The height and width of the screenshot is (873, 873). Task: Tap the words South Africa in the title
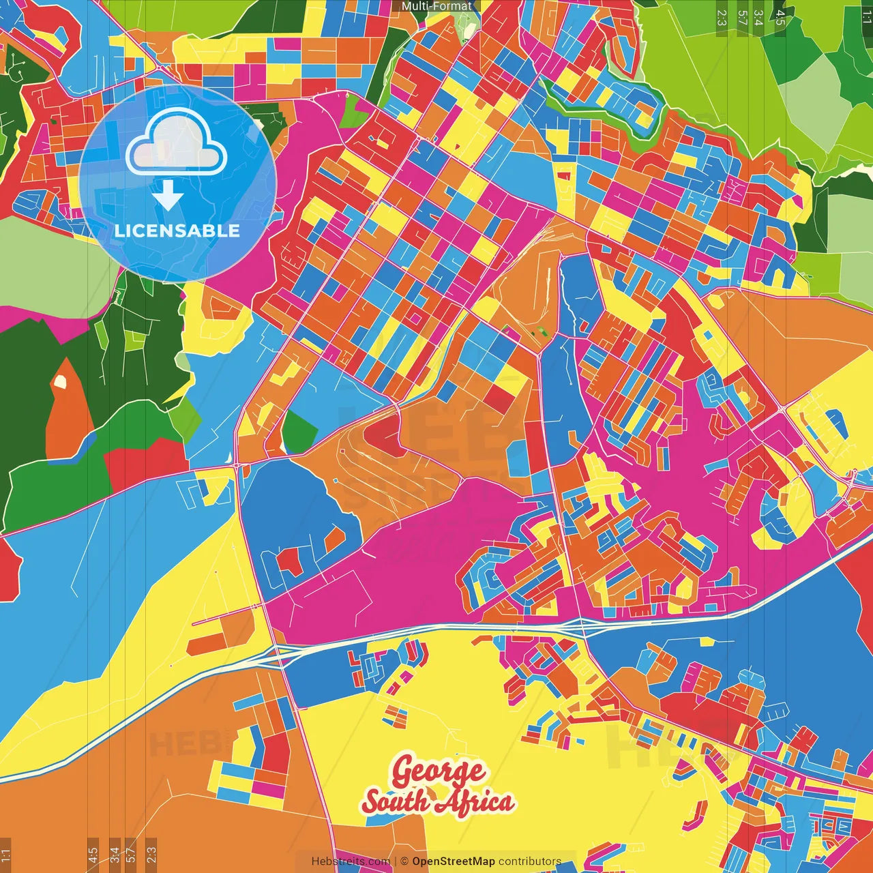[438, 801]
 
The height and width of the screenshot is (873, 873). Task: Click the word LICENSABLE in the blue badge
[177, 231]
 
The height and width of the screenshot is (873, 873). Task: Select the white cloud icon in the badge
[177, 141]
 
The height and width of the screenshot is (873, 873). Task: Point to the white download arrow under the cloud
[168, 195]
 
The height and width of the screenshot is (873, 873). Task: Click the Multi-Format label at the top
[436, 6]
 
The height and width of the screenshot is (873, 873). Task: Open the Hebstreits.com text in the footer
[351, 861]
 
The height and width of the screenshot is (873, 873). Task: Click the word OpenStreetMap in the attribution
[454, 861]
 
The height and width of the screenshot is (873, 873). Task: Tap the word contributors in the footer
[530, 861]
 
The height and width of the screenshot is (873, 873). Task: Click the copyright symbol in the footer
[404, 861]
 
